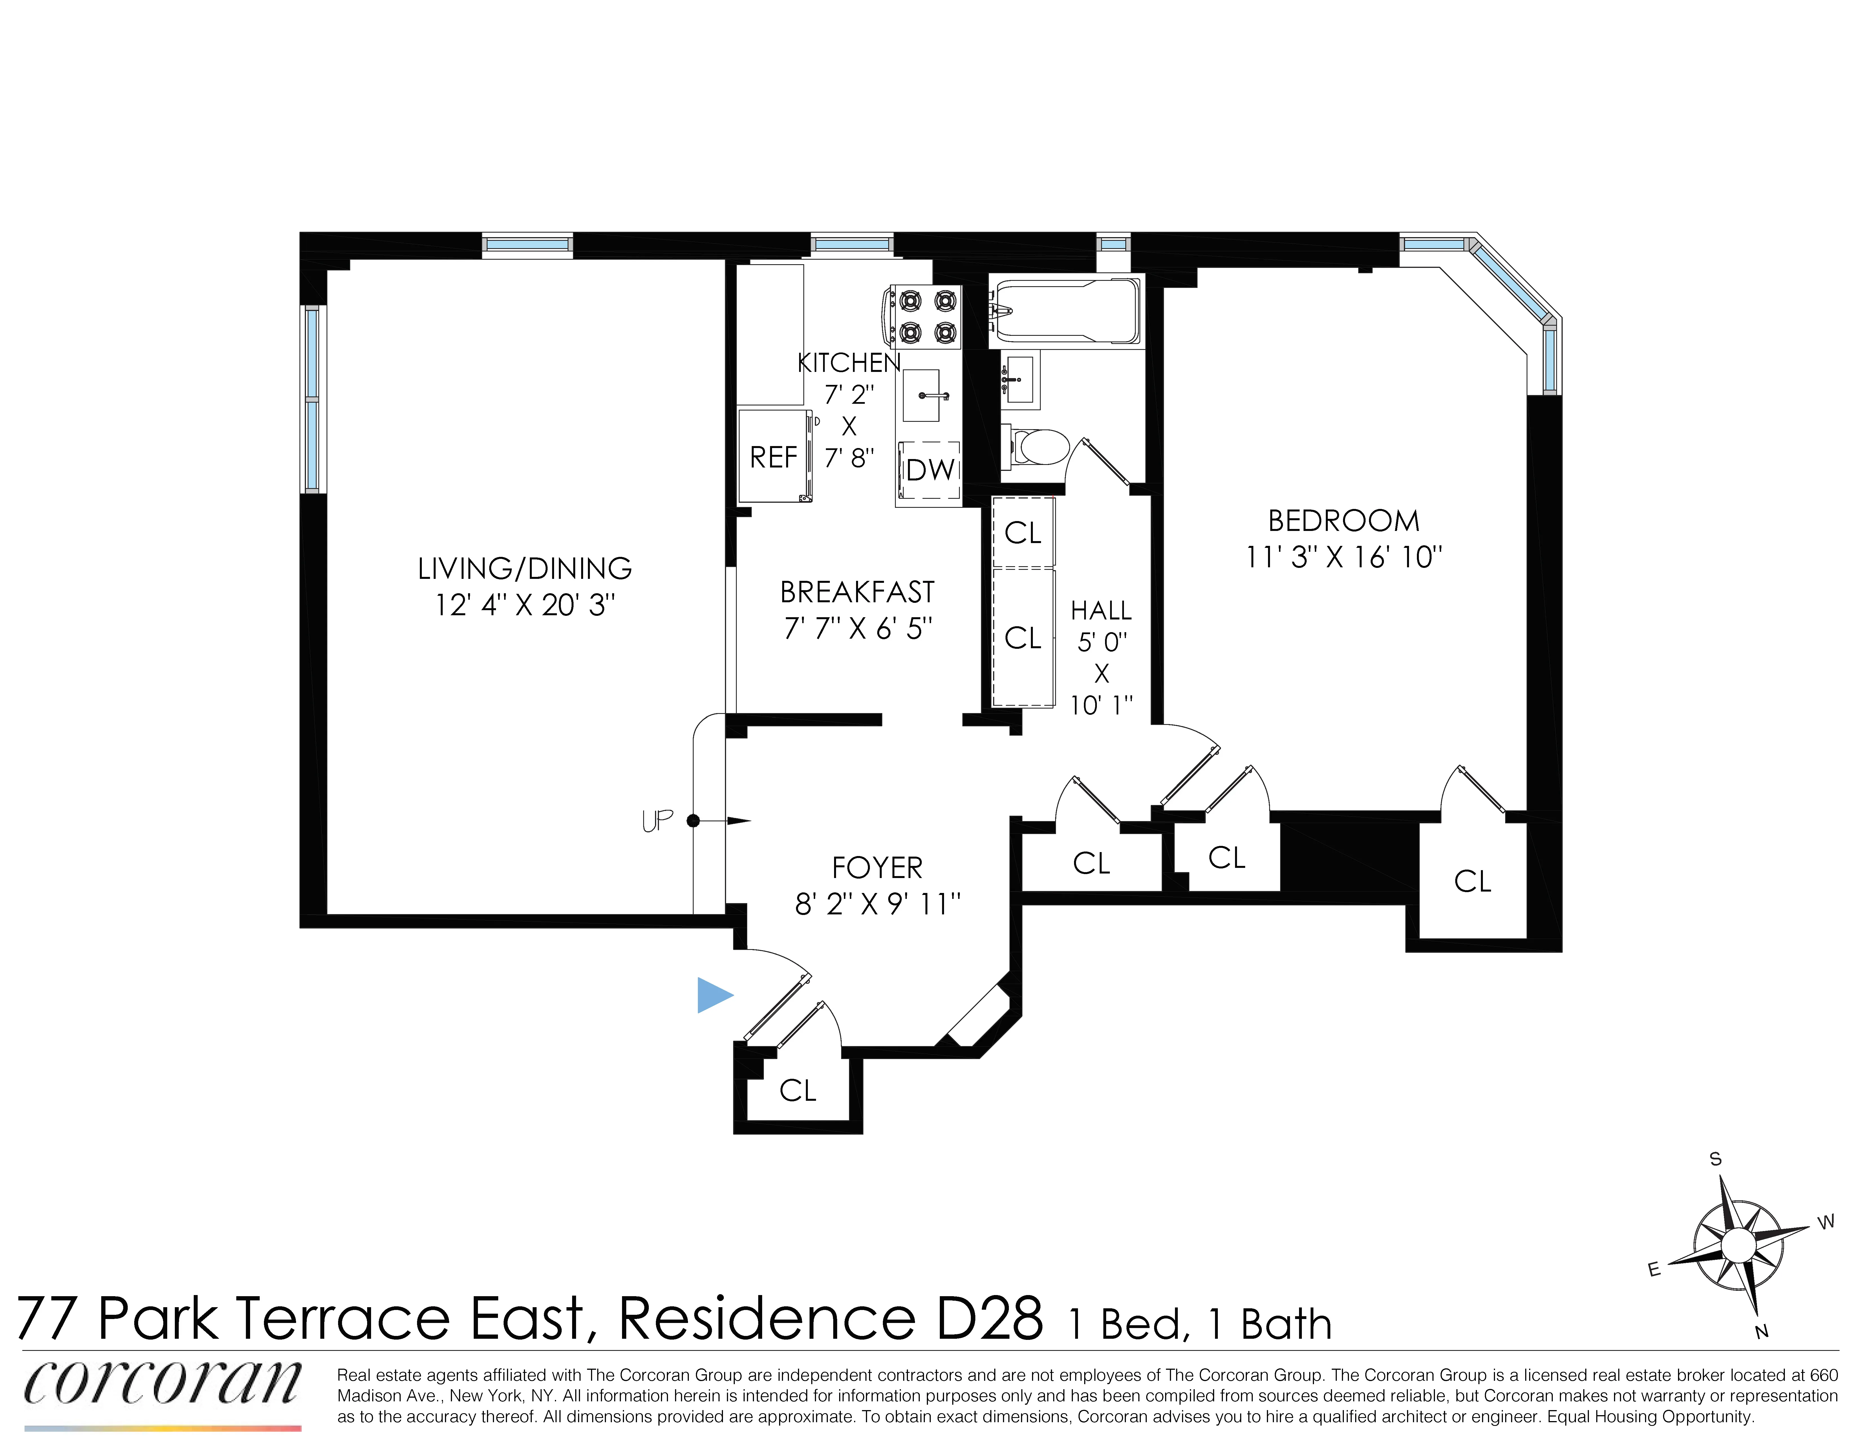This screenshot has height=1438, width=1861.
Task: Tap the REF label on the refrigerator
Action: coord(773,457)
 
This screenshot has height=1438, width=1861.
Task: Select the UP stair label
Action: coord(657,821)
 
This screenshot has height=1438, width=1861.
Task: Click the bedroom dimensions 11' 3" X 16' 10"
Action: coord(1344,557)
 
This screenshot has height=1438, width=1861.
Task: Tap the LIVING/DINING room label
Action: coord(524,568)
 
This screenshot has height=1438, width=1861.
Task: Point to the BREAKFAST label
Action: coord(857,592)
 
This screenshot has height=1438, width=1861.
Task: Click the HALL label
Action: coord(1101,611)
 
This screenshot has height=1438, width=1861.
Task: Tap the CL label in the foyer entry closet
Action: coord(798,1090)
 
